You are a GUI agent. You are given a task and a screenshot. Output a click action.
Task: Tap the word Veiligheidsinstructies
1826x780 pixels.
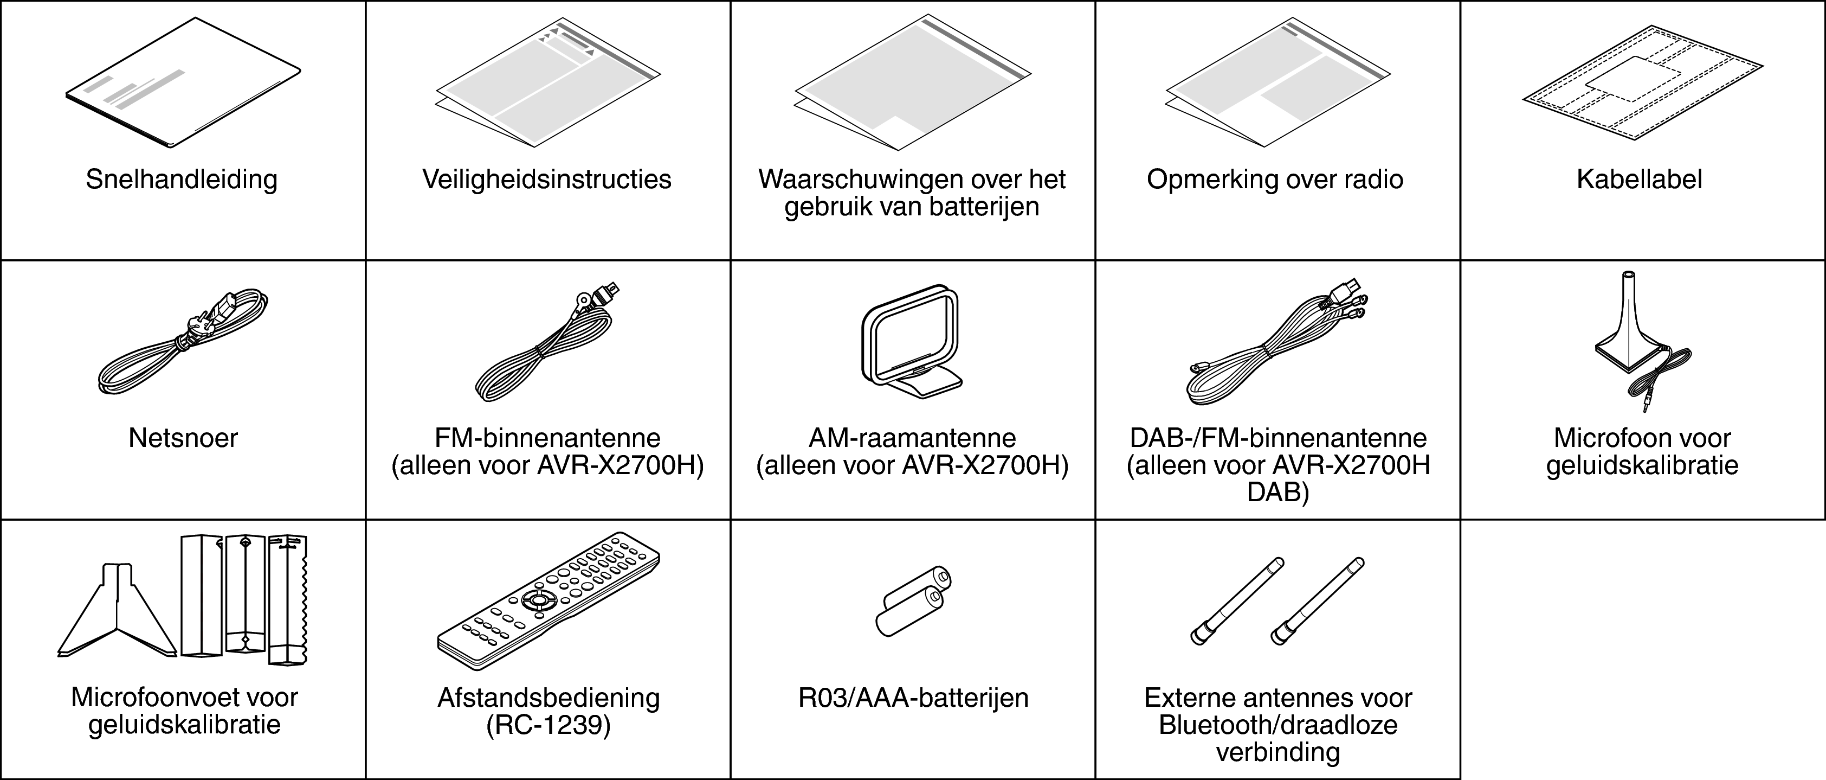point(546,180)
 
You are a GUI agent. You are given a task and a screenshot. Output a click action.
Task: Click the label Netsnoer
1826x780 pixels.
point(183,438)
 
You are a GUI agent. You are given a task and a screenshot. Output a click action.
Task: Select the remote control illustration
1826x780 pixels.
point(548,599)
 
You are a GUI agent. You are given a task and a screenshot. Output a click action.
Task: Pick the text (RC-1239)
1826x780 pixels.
point(548,725)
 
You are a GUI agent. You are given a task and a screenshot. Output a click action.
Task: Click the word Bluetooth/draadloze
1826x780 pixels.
point(1278,725)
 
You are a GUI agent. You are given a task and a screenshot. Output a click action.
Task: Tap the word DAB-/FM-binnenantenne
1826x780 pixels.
point(1278,438)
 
